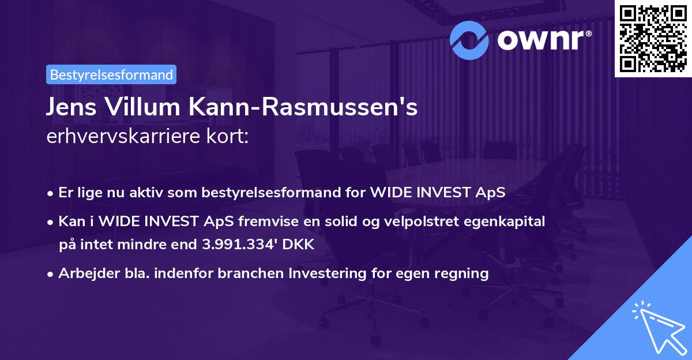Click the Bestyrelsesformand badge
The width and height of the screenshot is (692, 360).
click(111, 74)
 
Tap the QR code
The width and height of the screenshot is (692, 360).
click(652, 38)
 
